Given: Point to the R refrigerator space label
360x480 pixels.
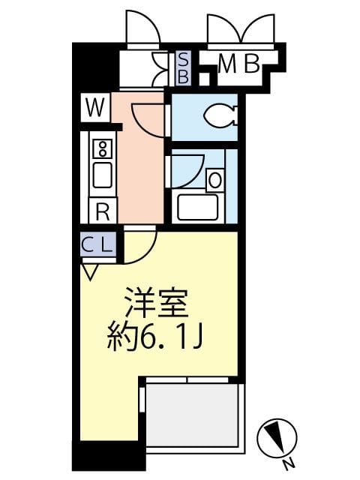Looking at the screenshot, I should pyautogui.click(x=103, y=211).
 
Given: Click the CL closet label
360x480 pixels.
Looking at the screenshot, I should pyautogui.click(x=97, y=244).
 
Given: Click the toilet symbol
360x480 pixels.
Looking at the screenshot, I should pyautogui.click(x=220, y=115).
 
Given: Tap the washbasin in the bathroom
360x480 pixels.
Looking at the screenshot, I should pyautogui.click(x=214, y=180).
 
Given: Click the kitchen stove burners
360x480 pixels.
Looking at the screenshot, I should pyautogui.click(x=103, y=147).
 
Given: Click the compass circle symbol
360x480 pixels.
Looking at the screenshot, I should pyautogui.click(x=277, y=436).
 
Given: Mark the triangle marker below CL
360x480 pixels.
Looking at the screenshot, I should pyautogui.click(x=89, y=271).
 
